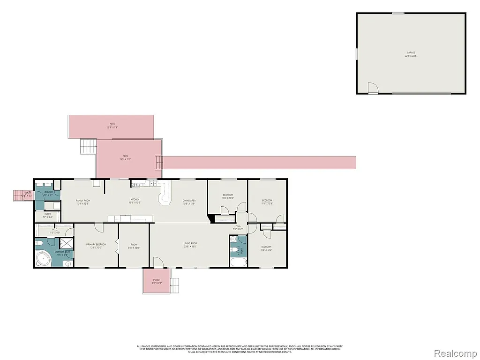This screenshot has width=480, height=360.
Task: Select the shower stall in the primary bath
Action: point(66,243)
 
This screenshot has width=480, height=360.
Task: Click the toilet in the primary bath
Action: point(40,243)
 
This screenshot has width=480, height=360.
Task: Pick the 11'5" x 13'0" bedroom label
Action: point(266,248)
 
